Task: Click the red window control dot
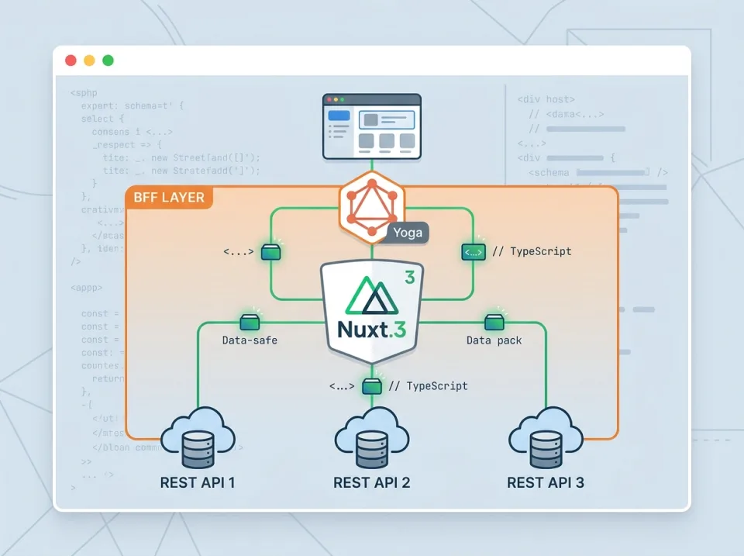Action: click(x=71, y=60)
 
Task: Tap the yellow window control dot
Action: click(x=89, y=60)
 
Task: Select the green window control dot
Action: click(x=108, y=60)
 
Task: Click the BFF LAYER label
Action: click(x=169, y=198)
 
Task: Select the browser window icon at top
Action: click(x=372, y=126)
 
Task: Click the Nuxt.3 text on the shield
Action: click(x=372, y=329)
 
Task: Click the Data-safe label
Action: click(x=250, y=340)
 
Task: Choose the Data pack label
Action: click(x=494, y=340)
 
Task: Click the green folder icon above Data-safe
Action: click(x=250, y=321)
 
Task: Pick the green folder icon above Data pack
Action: click(x=494, y=321)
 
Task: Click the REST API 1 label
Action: click(x=198, y=482)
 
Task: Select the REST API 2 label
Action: click(x=372, y=482)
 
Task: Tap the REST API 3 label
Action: click(x=546, y=482)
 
